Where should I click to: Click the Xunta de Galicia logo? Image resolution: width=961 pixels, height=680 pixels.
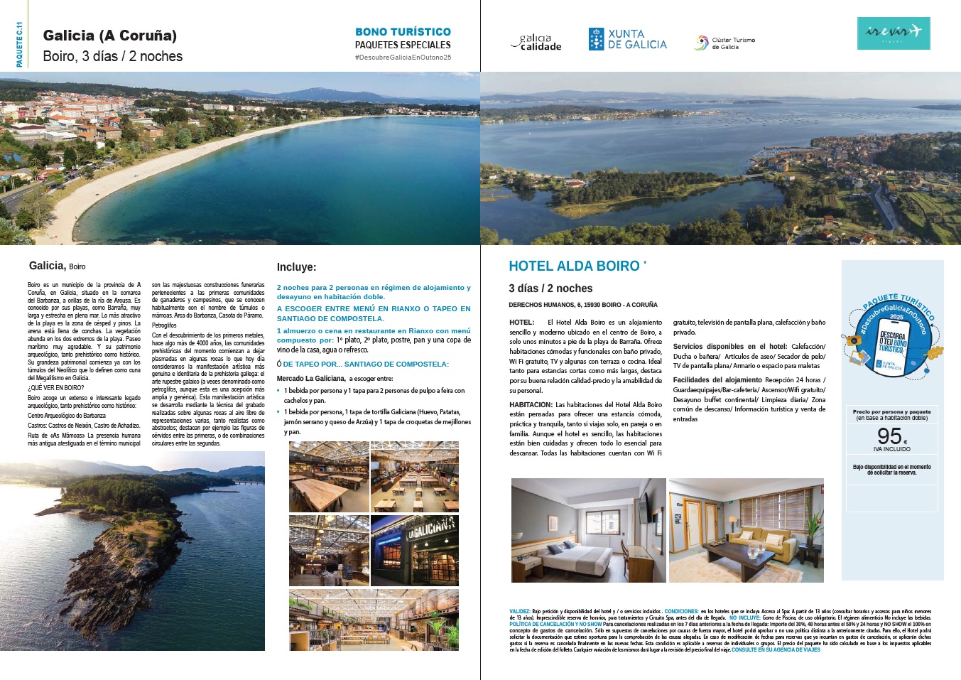coord(627,39)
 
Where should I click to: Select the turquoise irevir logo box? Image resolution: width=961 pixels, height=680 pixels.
coord(893,33)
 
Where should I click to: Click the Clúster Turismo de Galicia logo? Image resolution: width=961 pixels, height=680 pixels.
coord(724,43)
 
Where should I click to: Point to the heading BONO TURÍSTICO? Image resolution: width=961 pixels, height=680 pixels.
coord(403,32)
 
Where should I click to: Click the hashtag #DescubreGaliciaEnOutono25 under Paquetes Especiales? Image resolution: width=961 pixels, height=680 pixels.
coord(403,57)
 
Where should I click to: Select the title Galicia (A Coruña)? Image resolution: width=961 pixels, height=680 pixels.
coord(110,36)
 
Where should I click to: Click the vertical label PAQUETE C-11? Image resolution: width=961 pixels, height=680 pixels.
coord(19,44)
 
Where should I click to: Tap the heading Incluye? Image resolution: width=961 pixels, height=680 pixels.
coord(296,267)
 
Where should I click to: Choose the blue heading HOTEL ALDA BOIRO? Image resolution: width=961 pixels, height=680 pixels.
coord(574,266)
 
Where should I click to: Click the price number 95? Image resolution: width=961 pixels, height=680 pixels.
coord(889,436)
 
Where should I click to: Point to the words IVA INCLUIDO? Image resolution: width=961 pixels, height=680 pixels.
coord(891,449)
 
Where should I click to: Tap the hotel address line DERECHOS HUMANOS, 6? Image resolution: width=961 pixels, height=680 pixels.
coord(582,305)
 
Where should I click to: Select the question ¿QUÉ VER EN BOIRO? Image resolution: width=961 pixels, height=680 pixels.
coord(56,388)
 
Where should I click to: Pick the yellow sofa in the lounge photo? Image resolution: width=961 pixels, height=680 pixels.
coord(767,543)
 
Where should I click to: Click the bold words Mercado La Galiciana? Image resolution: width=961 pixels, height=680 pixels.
coord(310,379)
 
